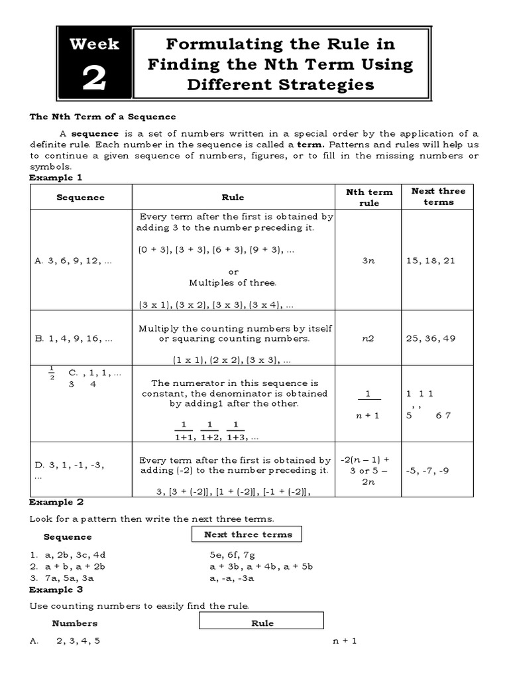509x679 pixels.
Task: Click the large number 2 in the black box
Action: [94, 79]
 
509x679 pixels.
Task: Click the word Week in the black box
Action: [94, 44]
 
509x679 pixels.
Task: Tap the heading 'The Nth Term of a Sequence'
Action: [103, 117]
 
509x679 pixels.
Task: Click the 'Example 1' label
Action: [56, 178]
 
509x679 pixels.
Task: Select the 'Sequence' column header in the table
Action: [80, 197]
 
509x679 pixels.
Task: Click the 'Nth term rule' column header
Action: [369, 197]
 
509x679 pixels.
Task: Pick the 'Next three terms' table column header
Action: [438, 196]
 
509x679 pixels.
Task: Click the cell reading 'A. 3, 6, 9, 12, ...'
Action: [73, 261]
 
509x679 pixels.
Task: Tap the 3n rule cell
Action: [368, 261]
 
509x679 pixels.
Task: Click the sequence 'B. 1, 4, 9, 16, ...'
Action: [73, 338]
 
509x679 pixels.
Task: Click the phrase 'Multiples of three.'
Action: [233, 282]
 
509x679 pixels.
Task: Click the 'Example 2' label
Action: [56, 502]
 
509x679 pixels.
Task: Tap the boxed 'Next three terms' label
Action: [247, 534]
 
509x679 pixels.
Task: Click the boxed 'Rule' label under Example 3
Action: [262, 623]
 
